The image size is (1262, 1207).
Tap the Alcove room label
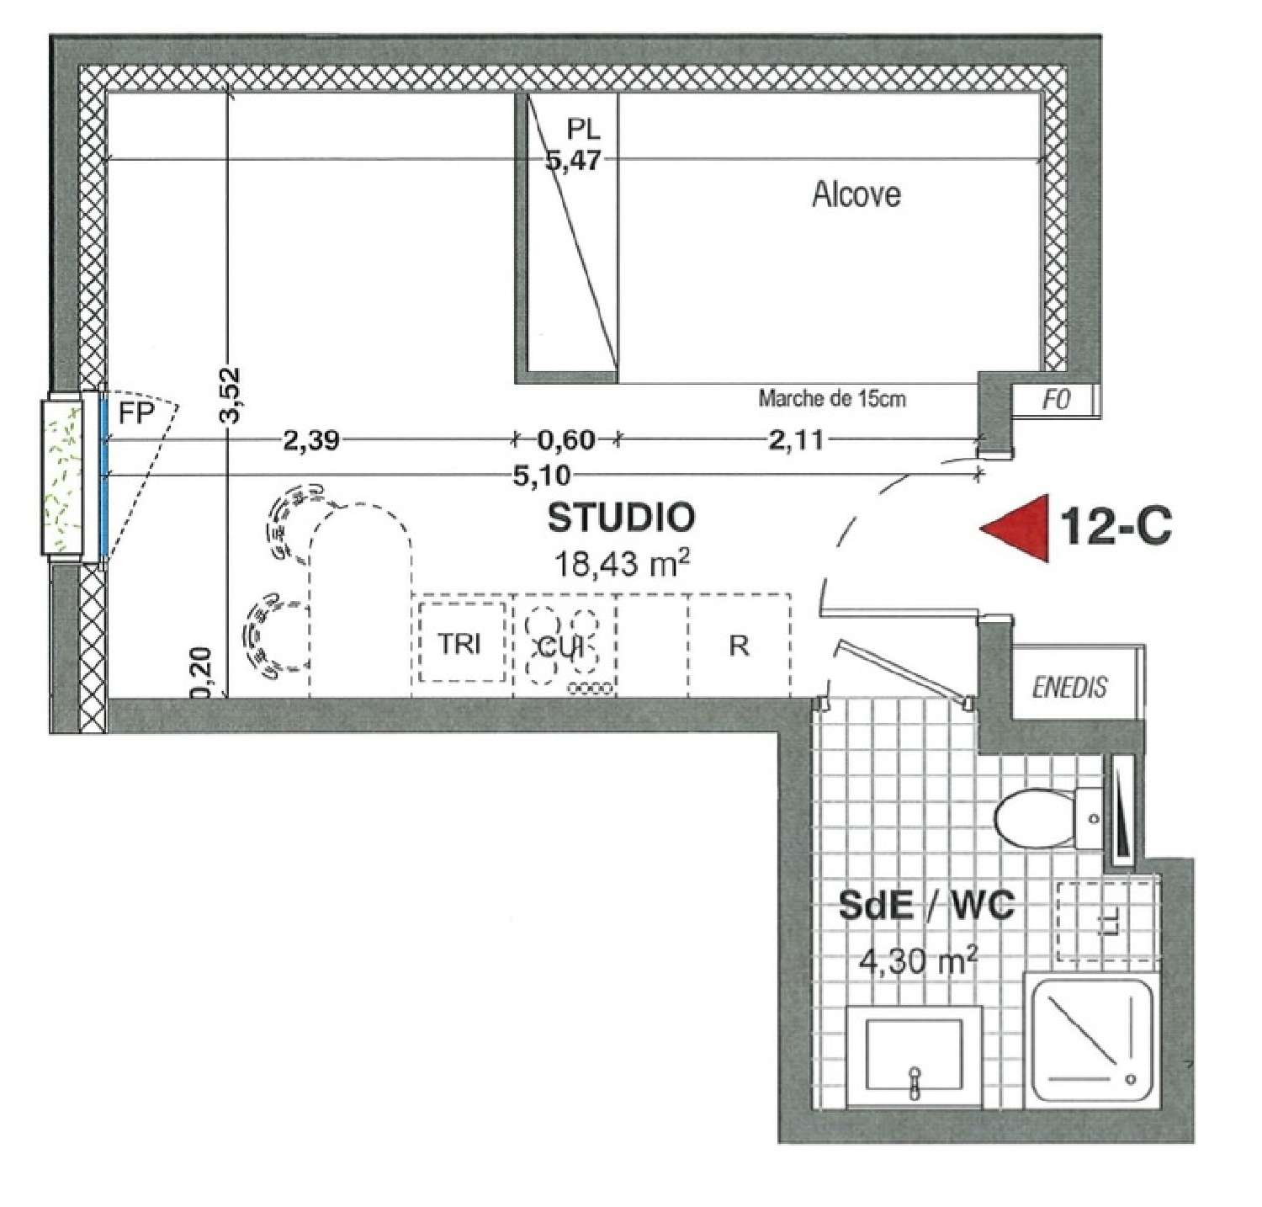856,194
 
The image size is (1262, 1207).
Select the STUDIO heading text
622,518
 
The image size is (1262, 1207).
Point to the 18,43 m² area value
622,562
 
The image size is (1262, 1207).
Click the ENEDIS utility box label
1070,687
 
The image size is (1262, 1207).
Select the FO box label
1056,400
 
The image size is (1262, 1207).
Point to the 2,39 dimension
311,439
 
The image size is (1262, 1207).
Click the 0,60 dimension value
566,439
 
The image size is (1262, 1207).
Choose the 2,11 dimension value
796,439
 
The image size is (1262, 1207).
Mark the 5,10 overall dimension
542,476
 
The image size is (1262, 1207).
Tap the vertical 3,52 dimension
230,396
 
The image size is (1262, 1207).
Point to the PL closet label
584,129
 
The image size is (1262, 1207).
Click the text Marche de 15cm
832,398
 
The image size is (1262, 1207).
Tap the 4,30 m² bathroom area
918,960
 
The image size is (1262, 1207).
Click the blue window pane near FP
103,475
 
